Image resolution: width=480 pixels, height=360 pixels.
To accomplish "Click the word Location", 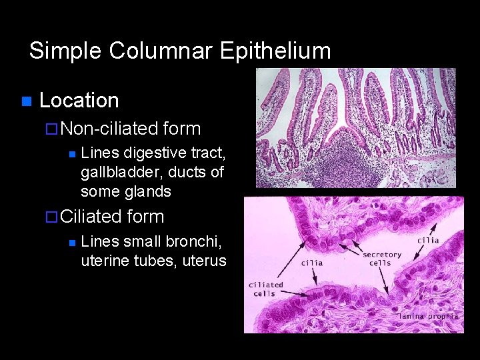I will coord(79,101).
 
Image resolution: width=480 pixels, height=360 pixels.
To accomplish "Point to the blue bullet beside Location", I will coord(26,101).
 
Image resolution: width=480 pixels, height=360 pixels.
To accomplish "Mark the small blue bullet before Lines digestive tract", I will coord(71,155).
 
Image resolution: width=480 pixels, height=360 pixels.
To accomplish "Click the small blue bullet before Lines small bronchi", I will coord(71,243).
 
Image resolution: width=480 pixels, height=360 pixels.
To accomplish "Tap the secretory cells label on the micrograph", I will coord(382,258).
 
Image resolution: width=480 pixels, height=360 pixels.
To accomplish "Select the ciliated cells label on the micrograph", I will coord(265,289).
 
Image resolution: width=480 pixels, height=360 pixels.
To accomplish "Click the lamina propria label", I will coord(429,316).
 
